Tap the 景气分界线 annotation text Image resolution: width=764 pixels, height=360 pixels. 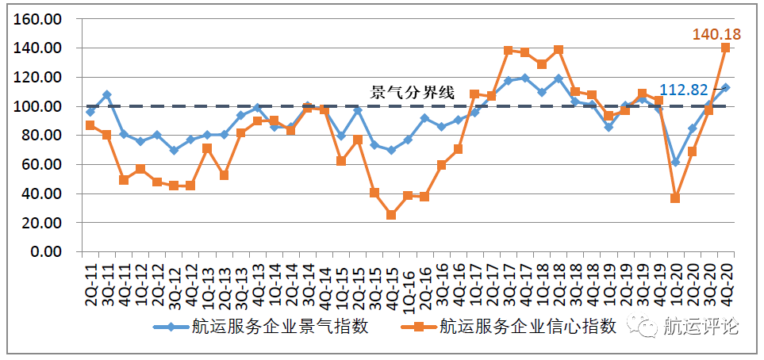(413, 93)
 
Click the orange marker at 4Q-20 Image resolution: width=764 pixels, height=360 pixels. (725, 48)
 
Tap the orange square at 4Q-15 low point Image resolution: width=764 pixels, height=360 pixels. (391, 215)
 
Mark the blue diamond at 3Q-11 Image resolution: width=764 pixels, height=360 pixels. (107, 95)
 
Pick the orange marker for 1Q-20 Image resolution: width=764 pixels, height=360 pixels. (675, 198)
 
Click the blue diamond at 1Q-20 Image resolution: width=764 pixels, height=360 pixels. (675, 163)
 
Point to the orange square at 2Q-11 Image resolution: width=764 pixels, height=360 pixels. (90, 125)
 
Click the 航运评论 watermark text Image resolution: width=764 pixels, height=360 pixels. (701, 327)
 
